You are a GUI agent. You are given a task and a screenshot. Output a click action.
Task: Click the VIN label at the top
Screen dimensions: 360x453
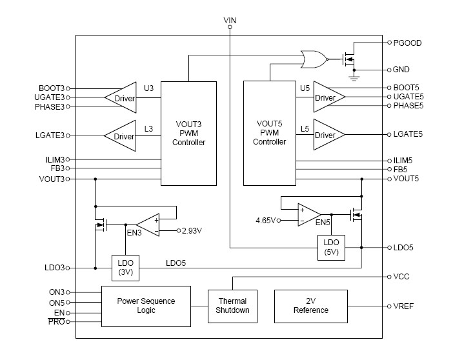pos(230,21)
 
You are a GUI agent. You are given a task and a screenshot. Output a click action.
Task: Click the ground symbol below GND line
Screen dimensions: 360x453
pos(353,78)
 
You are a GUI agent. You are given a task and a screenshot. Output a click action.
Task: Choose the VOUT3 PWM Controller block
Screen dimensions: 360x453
pos(188,133)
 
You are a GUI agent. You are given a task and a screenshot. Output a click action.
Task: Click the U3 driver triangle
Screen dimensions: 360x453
pos(121,98)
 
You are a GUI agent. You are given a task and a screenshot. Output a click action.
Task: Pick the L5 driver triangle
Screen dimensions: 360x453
pos(328,135)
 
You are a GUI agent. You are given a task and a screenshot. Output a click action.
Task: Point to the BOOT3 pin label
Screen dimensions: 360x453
pos(52,88)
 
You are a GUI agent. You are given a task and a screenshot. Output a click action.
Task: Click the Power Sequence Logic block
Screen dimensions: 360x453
pos(146,305)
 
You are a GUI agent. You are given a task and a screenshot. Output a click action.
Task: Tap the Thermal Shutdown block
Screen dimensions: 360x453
pos(232,305)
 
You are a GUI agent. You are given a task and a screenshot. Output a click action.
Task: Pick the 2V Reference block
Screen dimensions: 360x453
pos(311,305)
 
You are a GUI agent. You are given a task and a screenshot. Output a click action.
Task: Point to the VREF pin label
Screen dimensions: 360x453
pos(403,306)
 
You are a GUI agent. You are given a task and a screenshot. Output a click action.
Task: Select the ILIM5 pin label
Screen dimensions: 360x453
pos(404,160)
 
